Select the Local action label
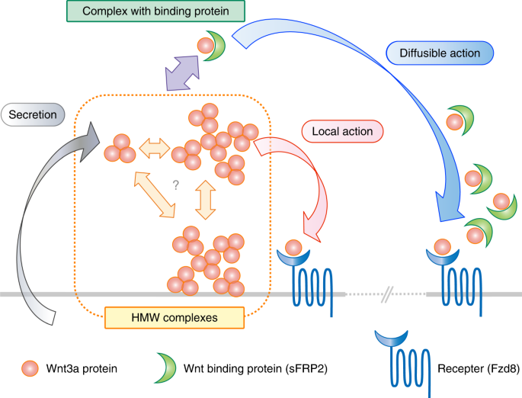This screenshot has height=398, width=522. click(342, 131)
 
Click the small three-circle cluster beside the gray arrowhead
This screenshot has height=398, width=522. click(120, 147)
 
